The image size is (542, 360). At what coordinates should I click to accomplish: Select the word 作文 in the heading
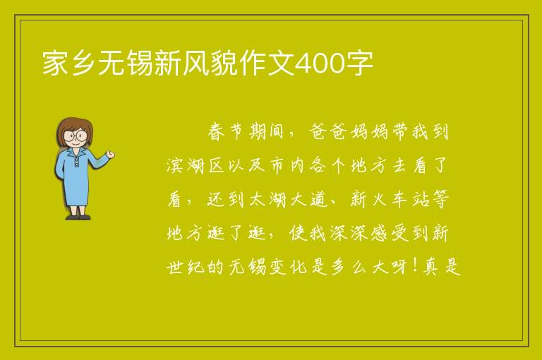click(267, 64)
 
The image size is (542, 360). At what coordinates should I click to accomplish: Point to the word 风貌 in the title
click(210, 64)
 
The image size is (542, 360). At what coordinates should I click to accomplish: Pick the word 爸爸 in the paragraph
click(326, 131)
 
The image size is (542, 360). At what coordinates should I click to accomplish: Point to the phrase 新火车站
click(390, 199)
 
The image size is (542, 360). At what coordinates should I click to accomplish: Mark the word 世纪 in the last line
click(186, 267)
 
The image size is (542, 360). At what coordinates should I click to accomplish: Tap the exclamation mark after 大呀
click(414, 266)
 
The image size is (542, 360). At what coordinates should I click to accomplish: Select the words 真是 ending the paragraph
click(442, 267)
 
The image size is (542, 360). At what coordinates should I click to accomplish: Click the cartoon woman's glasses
click(75, 136)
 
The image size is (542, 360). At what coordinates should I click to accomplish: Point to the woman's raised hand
click(111, 155)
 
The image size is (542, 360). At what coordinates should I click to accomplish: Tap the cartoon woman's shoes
click(78, 217)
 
